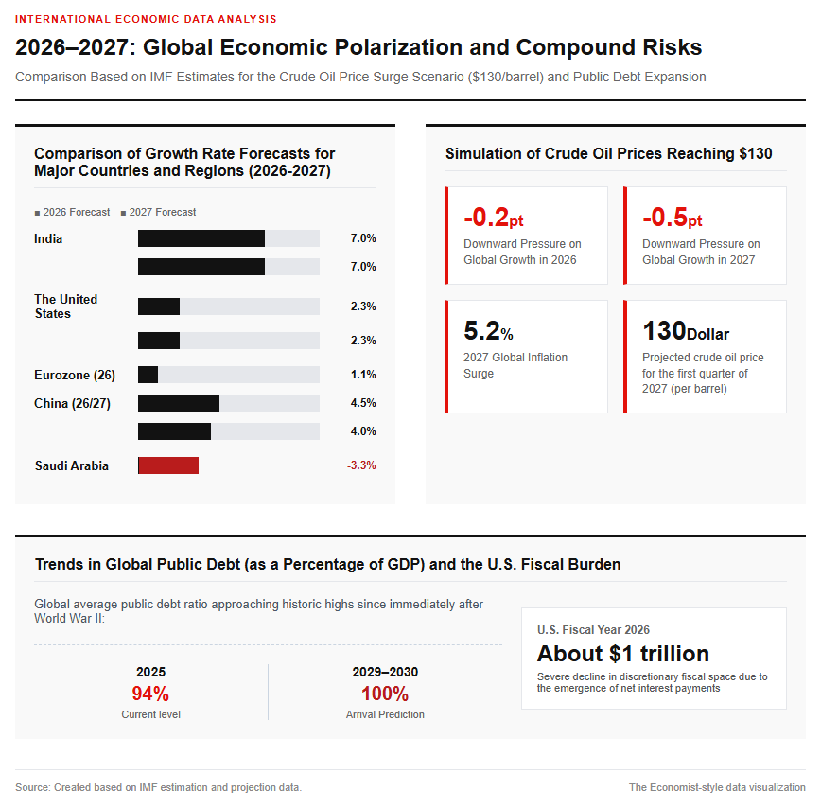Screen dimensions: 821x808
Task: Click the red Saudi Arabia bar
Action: [x=168, y=465]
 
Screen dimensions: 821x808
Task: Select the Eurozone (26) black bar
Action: [x=148, y=375]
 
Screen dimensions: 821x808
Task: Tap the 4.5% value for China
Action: [x=363, y=403]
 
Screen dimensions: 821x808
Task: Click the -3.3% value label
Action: [x=361, y=465]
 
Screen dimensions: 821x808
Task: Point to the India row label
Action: [x=48, y=238]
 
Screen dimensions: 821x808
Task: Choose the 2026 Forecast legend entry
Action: [x=72, y=212]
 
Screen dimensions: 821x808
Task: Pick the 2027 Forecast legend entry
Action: [x=158, y=212]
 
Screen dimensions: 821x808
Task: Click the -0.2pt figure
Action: [x=493, y=218]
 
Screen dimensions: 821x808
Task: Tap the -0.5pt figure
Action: [x=673, y=218]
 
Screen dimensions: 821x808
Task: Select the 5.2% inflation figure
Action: [x=488, y=331]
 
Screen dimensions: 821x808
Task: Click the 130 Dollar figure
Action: [x=686, y=331]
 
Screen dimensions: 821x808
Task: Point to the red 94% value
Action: [x=150, y=694]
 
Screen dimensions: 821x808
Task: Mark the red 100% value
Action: [x=385, y=694]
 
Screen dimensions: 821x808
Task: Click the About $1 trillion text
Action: [x=623, y=654]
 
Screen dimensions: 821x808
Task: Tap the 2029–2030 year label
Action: [x=385, y=672]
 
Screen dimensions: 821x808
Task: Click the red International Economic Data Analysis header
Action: [x=146, y=19]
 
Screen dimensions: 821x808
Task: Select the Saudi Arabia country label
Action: [x=72, y=465]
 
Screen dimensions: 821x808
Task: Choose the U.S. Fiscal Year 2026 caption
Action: [x=593, y=630]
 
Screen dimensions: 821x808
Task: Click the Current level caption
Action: [x=150, y=714]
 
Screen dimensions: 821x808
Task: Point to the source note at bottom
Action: [x=159, y=787]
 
